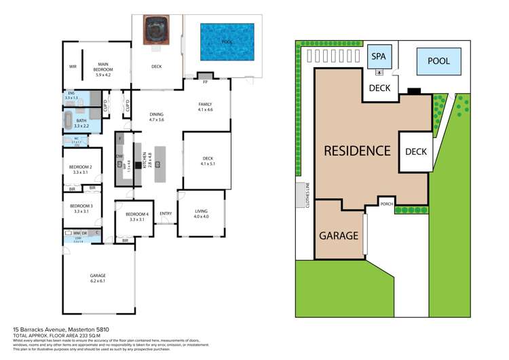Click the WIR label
[73, 67]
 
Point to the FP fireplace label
[205, 82]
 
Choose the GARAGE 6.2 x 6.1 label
[98, 277]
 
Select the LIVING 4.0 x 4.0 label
[202, 213]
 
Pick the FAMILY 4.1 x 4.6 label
[205, 106]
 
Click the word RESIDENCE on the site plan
[356, 151]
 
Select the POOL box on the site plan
[438, 61]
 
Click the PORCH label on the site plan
[386, 204]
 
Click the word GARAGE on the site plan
[338, 236]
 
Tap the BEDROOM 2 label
[81, 169]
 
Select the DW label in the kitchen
[119, 156]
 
